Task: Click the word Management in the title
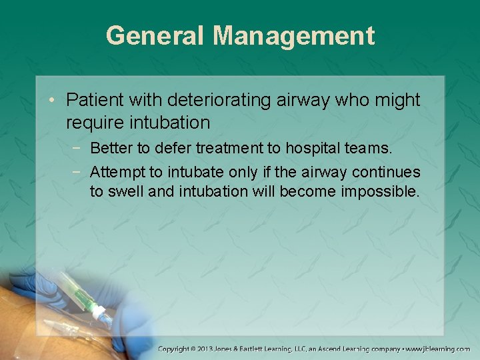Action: click(x=293, y=35)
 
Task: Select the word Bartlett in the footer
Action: click(x=271, y=349)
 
